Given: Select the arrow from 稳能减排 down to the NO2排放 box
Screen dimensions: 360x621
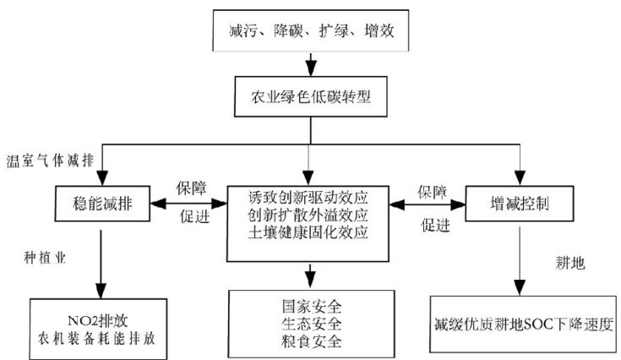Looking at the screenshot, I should click(x=101, y=262).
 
